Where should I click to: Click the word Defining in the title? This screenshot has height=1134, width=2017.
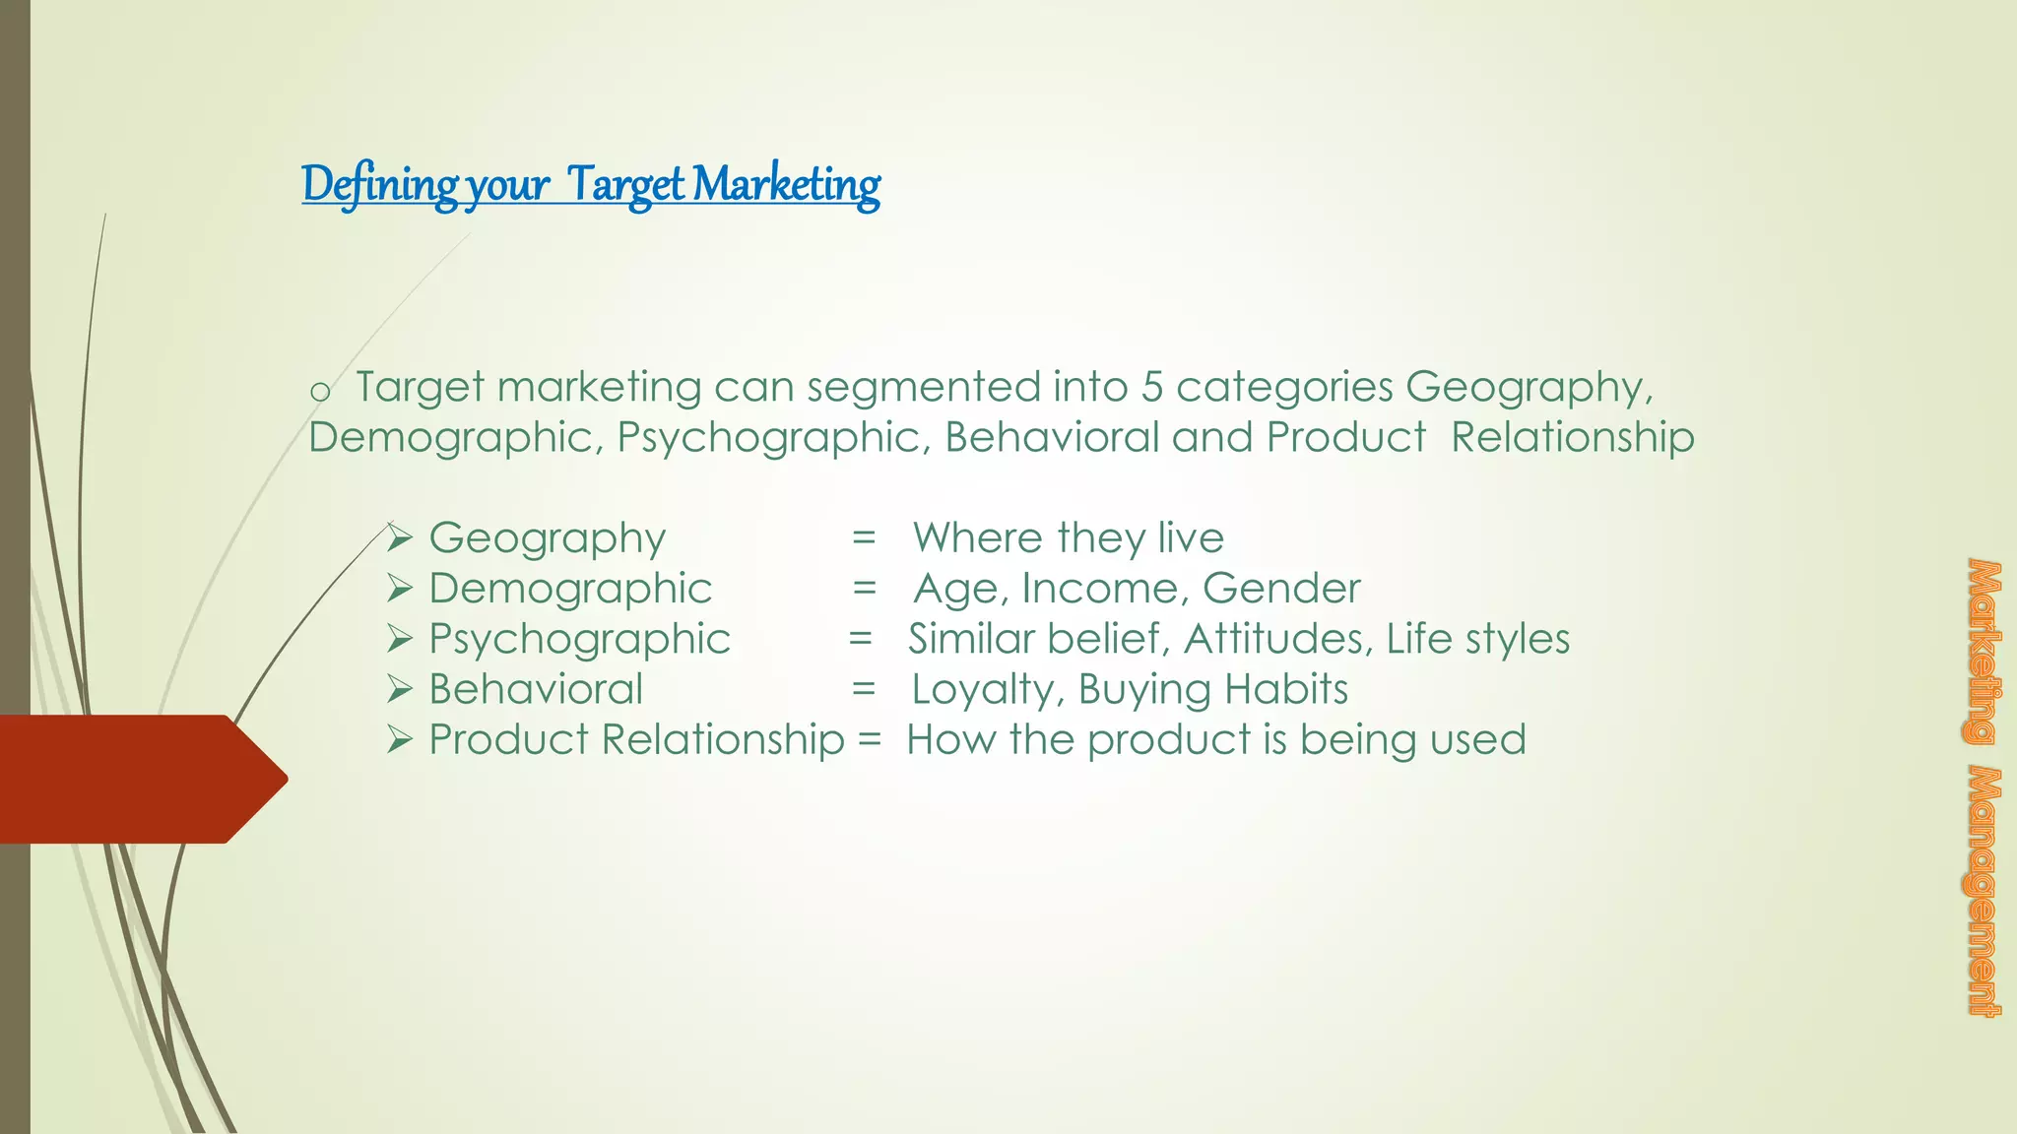379,185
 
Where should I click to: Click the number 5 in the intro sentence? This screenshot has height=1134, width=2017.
1151,387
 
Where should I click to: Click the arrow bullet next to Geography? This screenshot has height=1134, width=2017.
398,538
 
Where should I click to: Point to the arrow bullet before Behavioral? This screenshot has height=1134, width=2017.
398,689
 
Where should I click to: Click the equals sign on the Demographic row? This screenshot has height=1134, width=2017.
864,589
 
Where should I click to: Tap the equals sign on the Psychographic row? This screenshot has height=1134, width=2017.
860,639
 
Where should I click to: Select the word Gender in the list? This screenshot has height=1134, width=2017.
1281,589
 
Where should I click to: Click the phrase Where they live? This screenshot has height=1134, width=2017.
1068,538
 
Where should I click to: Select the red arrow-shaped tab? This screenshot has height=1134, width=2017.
138,779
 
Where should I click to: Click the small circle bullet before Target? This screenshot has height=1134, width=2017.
319,392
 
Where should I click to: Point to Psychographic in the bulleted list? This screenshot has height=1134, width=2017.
579,639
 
